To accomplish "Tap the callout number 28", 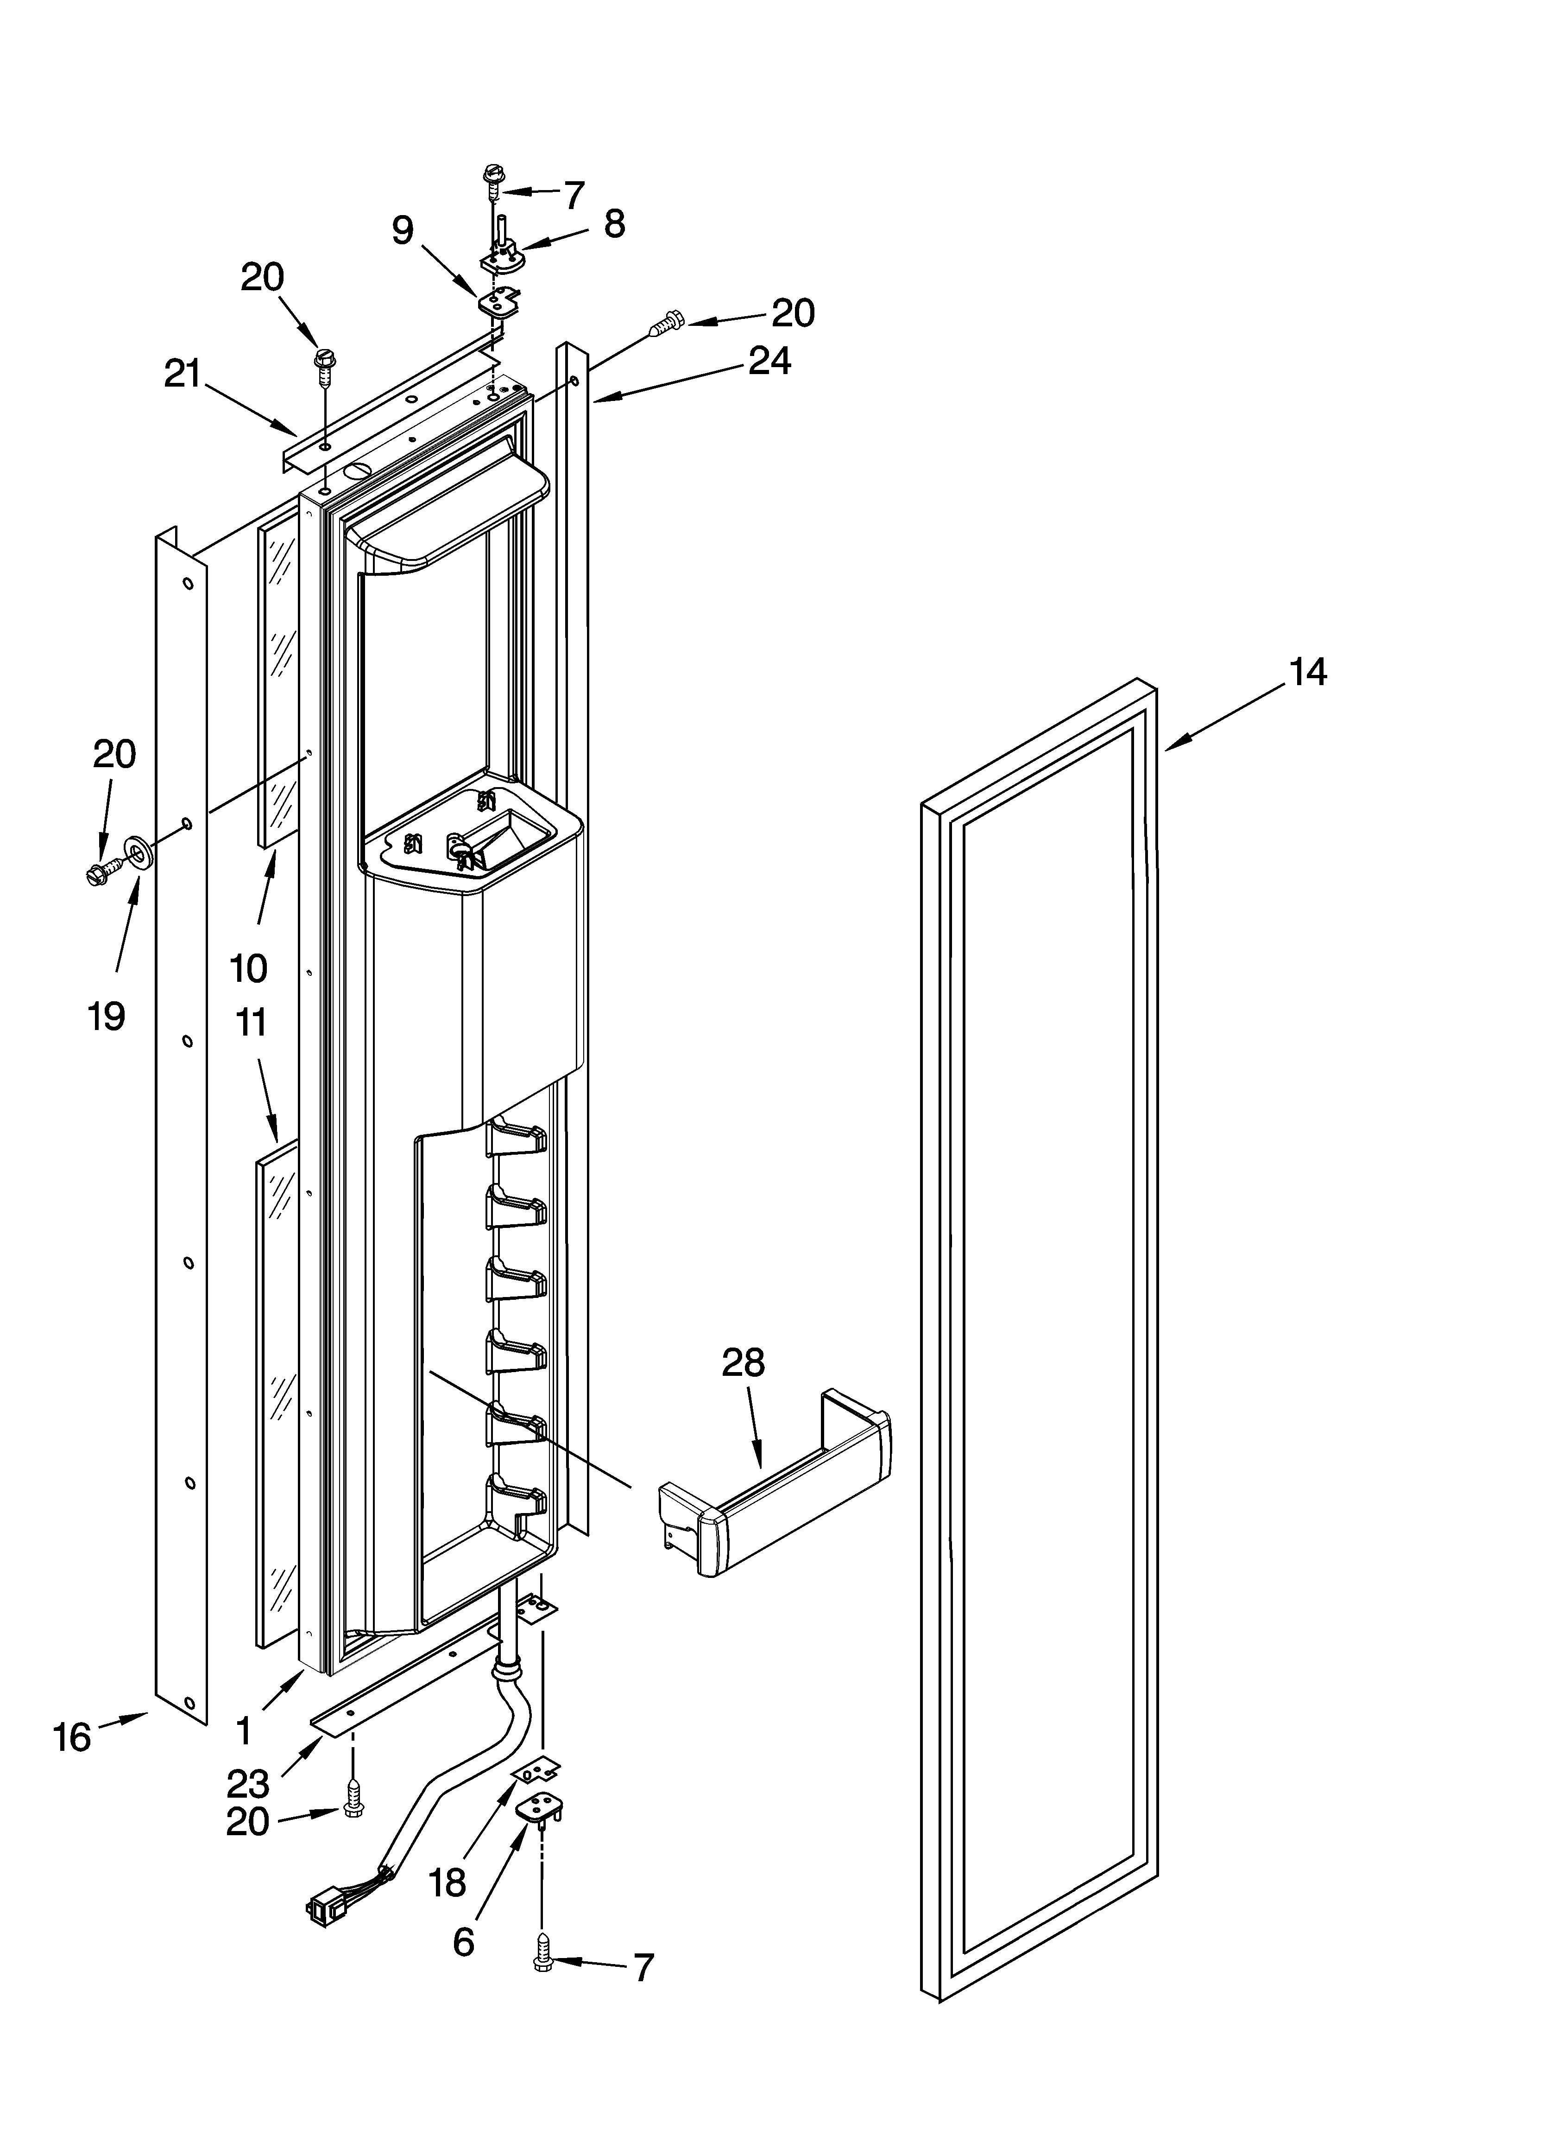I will [744, 1362].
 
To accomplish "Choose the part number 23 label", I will [247, 1784].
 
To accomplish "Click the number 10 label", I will [248, 968].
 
